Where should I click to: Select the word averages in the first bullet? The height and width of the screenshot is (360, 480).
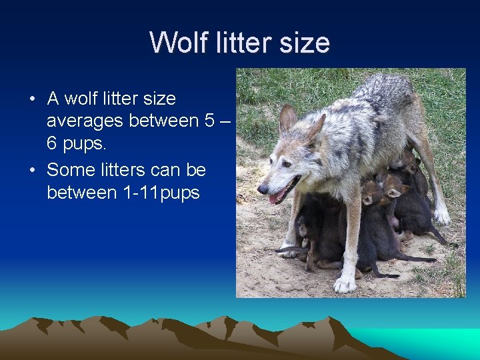[x=85, y=121]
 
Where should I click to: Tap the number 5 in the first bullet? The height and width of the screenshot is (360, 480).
[x=211, y=121]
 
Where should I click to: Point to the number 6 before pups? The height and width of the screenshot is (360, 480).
[x=52, y=144]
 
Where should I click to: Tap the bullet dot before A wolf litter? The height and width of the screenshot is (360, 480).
[x=32, y=99]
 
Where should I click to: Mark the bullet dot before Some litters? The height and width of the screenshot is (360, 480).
[x=32, y=171]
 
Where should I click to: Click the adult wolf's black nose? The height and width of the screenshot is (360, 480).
[x=261, y=189]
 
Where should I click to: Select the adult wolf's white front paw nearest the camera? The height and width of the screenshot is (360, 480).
[x=344, y=284]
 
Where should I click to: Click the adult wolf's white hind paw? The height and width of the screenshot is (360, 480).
[x=441, y=216]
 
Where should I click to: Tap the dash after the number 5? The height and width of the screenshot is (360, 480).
[x=227, y=121]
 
